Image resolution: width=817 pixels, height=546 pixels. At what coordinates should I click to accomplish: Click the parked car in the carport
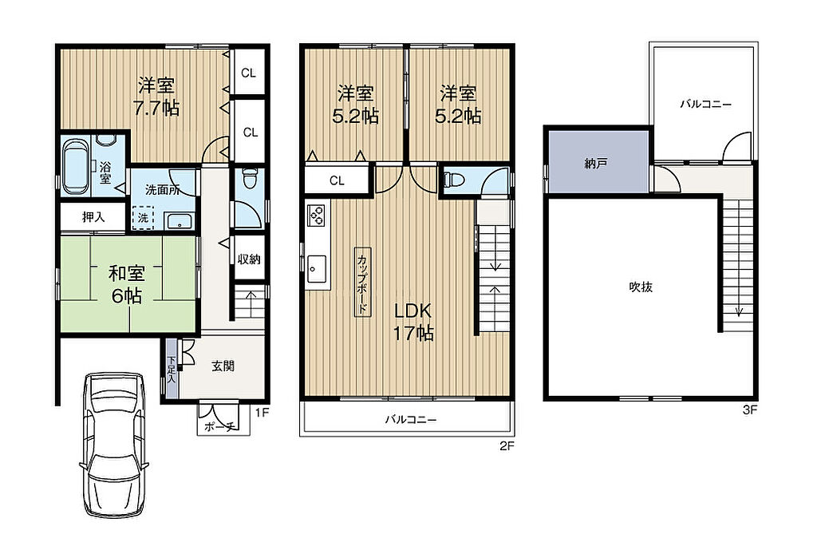tap(114, 444)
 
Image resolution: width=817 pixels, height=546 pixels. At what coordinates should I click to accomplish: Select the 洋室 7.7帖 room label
tap(156, 97)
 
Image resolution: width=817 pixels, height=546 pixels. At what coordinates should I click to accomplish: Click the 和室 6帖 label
tap(127, 285)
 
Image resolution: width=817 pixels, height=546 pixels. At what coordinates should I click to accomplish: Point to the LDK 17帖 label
tap(412, 322)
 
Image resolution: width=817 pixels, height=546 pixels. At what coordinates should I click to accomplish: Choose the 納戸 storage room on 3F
tap(597, 162)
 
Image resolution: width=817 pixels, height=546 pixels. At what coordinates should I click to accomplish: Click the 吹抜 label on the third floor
tap(641, 287)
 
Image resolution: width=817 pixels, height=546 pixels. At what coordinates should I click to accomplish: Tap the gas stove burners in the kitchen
tap(317, 215)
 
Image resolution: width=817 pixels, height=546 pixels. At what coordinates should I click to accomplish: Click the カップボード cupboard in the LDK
tap(362, 281)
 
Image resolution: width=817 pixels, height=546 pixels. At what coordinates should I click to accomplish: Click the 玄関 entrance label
tap(223, 366)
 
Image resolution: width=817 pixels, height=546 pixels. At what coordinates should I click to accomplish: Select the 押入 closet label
tap(93, 217)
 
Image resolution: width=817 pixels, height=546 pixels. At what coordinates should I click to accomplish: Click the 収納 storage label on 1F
tap(249, 259)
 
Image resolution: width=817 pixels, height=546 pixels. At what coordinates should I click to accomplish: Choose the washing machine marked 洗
tap(143, 218)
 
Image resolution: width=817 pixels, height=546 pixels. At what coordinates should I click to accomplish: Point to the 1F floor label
tap(262, 413)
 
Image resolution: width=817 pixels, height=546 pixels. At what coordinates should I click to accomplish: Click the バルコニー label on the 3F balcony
tap(705, 104)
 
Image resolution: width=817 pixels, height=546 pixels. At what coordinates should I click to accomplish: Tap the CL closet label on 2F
tap(337, 180)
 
